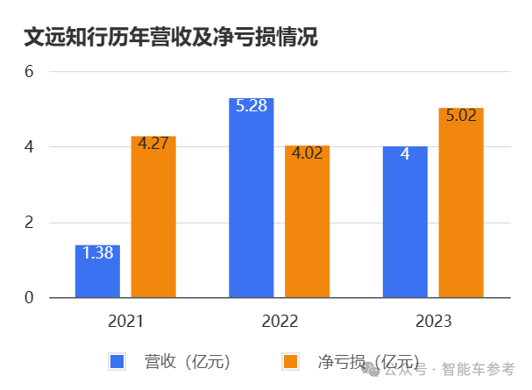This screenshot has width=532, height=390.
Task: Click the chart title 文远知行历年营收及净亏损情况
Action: click(x=170, y=37)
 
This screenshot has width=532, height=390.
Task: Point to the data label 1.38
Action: click(x=97, y=253)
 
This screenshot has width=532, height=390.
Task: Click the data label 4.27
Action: click(x=153, y=145)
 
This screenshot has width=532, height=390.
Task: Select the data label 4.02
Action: click(x=307, y=154)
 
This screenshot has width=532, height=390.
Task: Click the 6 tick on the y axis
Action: click(x=28, y=71)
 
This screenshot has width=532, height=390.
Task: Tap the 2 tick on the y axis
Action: click(x=28, y=223)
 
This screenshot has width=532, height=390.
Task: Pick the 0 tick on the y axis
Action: click(x=28, y=298)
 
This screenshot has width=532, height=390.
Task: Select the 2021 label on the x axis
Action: click(x=125, y=321)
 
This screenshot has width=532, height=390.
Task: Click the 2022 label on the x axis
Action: click(x=280, y=321)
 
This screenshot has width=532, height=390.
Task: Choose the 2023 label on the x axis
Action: click(x=433, y=321)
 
